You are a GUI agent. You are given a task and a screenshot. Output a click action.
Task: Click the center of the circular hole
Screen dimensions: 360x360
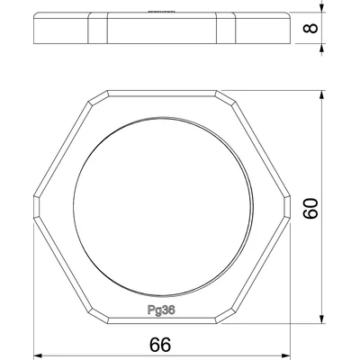coord(163,210)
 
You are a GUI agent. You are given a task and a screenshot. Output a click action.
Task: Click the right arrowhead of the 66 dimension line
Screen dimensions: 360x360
coord(292,354)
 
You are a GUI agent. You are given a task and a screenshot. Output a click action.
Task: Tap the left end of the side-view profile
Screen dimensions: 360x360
coord(33,29)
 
